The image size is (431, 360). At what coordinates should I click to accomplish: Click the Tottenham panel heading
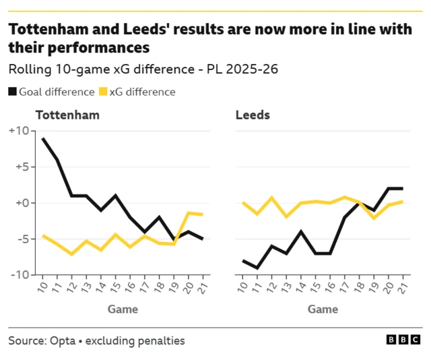coord(67,115)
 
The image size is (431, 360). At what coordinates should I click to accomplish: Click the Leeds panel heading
coord(253,115)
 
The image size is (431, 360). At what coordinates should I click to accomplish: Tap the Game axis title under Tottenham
coord(123,309)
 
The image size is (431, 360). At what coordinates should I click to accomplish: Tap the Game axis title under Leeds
coord(323,309)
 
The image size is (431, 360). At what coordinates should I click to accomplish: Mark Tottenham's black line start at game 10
coord(43,139)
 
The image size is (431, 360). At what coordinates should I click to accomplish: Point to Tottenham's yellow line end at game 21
coord(202,214)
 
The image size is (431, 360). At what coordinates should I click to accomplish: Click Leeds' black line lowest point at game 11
coord(257,268)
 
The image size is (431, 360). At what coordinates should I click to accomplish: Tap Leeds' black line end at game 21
coord(402,189)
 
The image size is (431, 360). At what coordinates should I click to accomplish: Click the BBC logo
coord(404,340)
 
